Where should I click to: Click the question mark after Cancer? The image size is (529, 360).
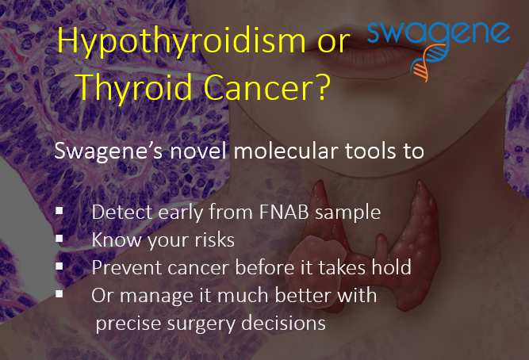(323, 86)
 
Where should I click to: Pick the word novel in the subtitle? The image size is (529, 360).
(197, 151)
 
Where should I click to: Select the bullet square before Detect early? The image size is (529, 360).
(59, 211)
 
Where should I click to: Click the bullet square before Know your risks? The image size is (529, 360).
(59, 238)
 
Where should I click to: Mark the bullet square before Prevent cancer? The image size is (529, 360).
(59, 266)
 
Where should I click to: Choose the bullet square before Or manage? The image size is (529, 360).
(59, 293)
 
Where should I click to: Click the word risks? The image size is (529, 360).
(214, 240)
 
